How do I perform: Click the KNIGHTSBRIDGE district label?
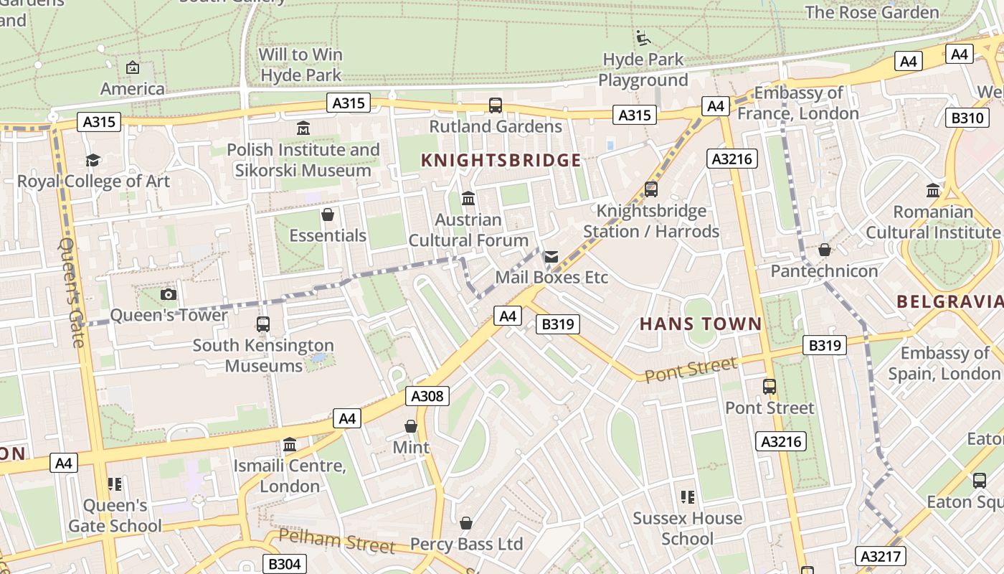pyautogui.click(x=501, y=160)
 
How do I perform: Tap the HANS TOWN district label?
pyautogui.click(x=700, y=324)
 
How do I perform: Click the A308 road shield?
pyautogui.click(x=428, y=396)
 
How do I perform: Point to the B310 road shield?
pyautogui.click(x=967, y=118)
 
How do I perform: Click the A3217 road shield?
pyautogui.click(x=881, y=556)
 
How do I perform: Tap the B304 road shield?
pyautogui.click(x=284, y=564)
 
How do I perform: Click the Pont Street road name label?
pyautogui.click(x=690, y=370)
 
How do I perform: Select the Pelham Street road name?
pyautogui.click(x=336, y=541)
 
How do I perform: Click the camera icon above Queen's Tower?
pyautogui.click(x=169, y=294)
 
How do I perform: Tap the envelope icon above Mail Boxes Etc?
pyautogui.click(x=551, y=256)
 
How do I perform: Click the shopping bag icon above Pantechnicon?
pyautogui.click(x=825, y=250)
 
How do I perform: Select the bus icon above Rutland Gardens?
pyautogui.click(x=496, y=105)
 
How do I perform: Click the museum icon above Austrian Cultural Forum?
pyautogui.click(x=468, y=198)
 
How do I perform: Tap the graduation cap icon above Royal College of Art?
pyautogui.click(x=93, y=160)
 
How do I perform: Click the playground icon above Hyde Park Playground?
pyautogui.click(x=643, y=37)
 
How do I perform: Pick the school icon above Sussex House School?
pyautogui.click(x=687, y=497)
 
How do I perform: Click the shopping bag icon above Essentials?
pyautogui.click(x=328, y=215)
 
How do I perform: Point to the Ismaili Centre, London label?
pyautogui.click(x=290, y=476)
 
